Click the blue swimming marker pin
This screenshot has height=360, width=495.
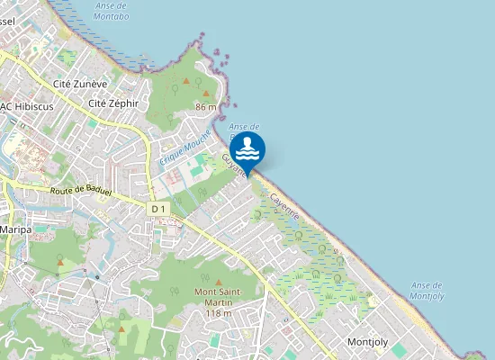click(x=247, y=149)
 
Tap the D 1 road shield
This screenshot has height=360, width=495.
click(x=158, y=208)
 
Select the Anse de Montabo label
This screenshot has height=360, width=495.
click(x=111, y=11)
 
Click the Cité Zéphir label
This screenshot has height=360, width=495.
click(x=113, y=103)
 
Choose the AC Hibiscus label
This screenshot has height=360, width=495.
click(x=28, y=105)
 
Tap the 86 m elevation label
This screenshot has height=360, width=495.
click(x=206, y=107)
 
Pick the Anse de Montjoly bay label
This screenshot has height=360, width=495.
click(x=427, y=291)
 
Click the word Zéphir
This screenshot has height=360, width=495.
click(x=124, y=103)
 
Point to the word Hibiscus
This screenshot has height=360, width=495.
click(x=35, y=105)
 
